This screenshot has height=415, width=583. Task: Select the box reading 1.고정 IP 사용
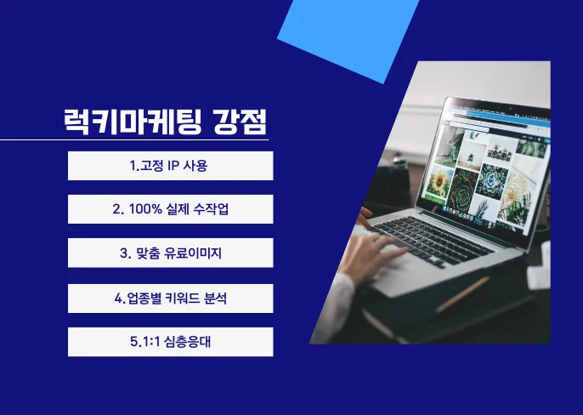pos(170,166)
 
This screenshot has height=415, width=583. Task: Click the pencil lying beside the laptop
pos(462,293)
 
